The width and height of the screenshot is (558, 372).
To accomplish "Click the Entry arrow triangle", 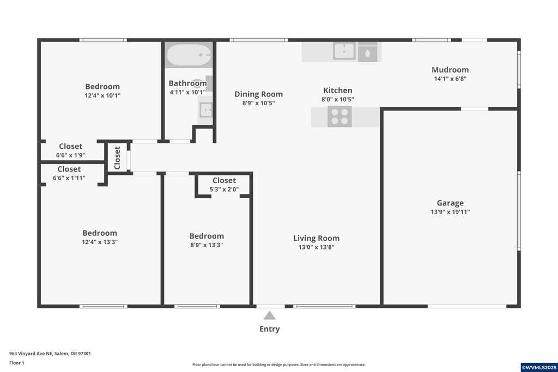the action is point(269,315).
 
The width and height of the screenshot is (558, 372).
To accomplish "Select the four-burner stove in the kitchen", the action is point(339,117).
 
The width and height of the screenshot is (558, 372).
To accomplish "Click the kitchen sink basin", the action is point(344,51).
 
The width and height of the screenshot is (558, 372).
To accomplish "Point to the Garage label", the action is point(450,203).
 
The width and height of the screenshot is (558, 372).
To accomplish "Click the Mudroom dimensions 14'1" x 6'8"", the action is point(450,79).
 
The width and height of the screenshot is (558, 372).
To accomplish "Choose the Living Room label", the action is point(317,238).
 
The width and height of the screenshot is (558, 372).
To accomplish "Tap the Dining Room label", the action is point(259,94).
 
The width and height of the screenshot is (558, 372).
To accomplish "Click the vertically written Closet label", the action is point(117,158).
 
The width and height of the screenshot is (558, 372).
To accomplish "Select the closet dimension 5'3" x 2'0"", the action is point(224,190).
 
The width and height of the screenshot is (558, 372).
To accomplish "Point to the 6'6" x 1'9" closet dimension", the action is point(70,155).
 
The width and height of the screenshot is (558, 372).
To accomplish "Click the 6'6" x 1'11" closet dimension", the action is point(69,178).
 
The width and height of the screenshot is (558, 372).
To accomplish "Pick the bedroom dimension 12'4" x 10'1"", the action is point(102,96).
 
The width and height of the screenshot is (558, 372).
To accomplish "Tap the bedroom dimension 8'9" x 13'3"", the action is point(207,245).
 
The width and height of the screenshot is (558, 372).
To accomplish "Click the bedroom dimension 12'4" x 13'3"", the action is point(100,242).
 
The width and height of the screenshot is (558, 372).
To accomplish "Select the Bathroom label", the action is point(187,83).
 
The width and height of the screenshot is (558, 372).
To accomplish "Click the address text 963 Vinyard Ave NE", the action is point(31,353).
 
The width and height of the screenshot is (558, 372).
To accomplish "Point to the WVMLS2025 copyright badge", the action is point(539,368).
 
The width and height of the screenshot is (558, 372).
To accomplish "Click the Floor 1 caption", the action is point(17,363).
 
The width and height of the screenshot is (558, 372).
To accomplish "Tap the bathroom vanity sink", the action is point(205,110).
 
